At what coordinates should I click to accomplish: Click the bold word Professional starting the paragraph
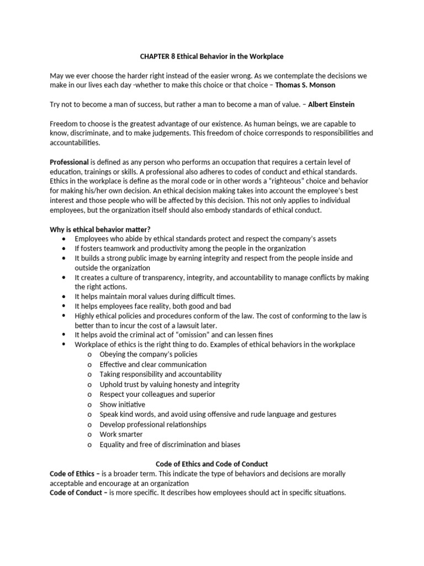pyautogui.click(x=69, y=162)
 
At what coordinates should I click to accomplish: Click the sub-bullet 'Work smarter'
pyautogui.click(x=121, y=434)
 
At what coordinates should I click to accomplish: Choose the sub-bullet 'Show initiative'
pyautogui.click(x=123, y=405)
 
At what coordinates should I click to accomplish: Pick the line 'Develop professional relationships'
pyautogui.click(x=153, y=424)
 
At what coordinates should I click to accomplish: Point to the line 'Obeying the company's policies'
pyautogui.click(x=149, y=354)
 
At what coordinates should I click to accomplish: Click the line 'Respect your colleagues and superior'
pyautogui.click(x=157, y=395)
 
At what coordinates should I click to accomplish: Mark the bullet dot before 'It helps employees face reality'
pyautogui.click(x=65, y=306)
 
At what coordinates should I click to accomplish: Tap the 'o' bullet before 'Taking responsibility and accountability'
pyautogui.click(x=88, y=375)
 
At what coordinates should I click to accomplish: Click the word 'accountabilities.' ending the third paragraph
pyautogui.click(x=77, y=142)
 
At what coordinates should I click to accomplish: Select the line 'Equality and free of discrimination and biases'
pyautogui.click(x=170, y=444)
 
